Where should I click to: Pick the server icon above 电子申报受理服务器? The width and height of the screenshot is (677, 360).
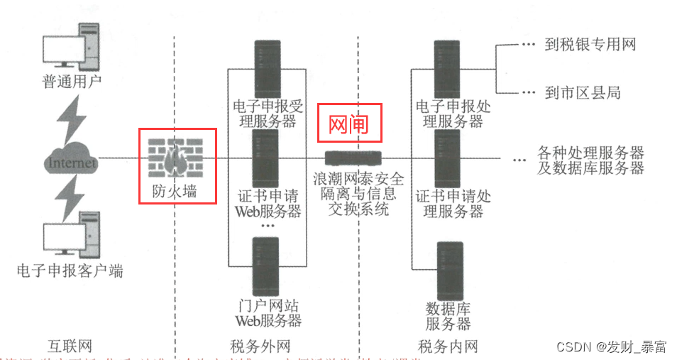tap(268, 67)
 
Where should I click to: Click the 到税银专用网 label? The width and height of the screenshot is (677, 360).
tap(589, 45)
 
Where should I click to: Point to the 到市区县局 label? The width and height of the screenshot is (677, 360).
tap(582, 92)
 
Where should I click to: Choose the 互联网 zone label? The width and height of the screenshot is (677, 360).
tap(70, 347)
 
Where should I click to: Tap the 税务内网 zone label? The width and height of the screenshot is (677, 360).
tap(448, 347)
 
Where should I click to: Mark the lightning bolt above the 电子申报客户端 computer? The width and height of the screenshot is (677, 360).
tap(72, 197)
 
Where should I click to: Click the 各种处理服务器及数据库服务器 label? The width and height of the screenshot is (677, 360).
tap(590, 160)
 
